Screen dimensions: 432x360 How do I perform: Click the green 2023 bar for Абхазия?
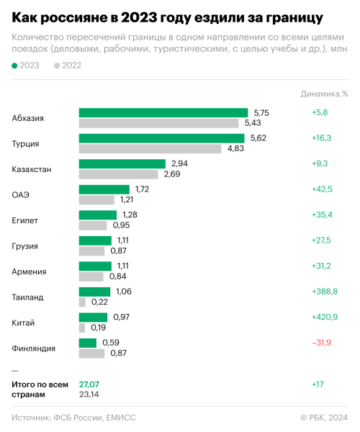163,113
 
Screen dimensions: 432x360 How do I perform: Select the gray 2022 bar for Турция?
150,148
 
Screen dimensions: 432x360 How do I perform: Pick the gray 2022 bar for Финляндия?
92,354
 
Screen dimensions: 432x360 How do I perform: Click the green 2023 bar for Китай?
93,317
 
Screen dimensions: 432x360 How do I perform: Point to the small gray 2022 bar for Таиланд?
82,302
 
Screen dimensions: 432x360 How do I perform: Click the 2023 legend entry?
27,66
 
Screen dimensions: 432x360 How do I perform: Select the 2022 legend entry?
68,66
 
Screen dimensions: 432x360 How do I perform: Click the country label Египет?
25,220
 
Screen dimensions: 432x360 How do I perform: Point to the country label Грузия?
25,246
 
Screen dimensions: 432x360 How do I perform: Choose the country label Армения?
29,271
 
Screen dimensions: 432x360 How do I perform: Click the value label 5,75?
261,113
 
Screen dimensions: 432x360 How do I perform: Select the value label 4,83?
235,148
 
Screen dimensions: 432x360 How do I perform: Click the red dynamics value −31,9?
323,342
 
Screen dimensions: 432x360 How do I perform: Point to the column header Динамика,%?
324,93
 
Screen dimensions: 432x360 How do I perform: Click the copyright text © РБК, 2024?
323,418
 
